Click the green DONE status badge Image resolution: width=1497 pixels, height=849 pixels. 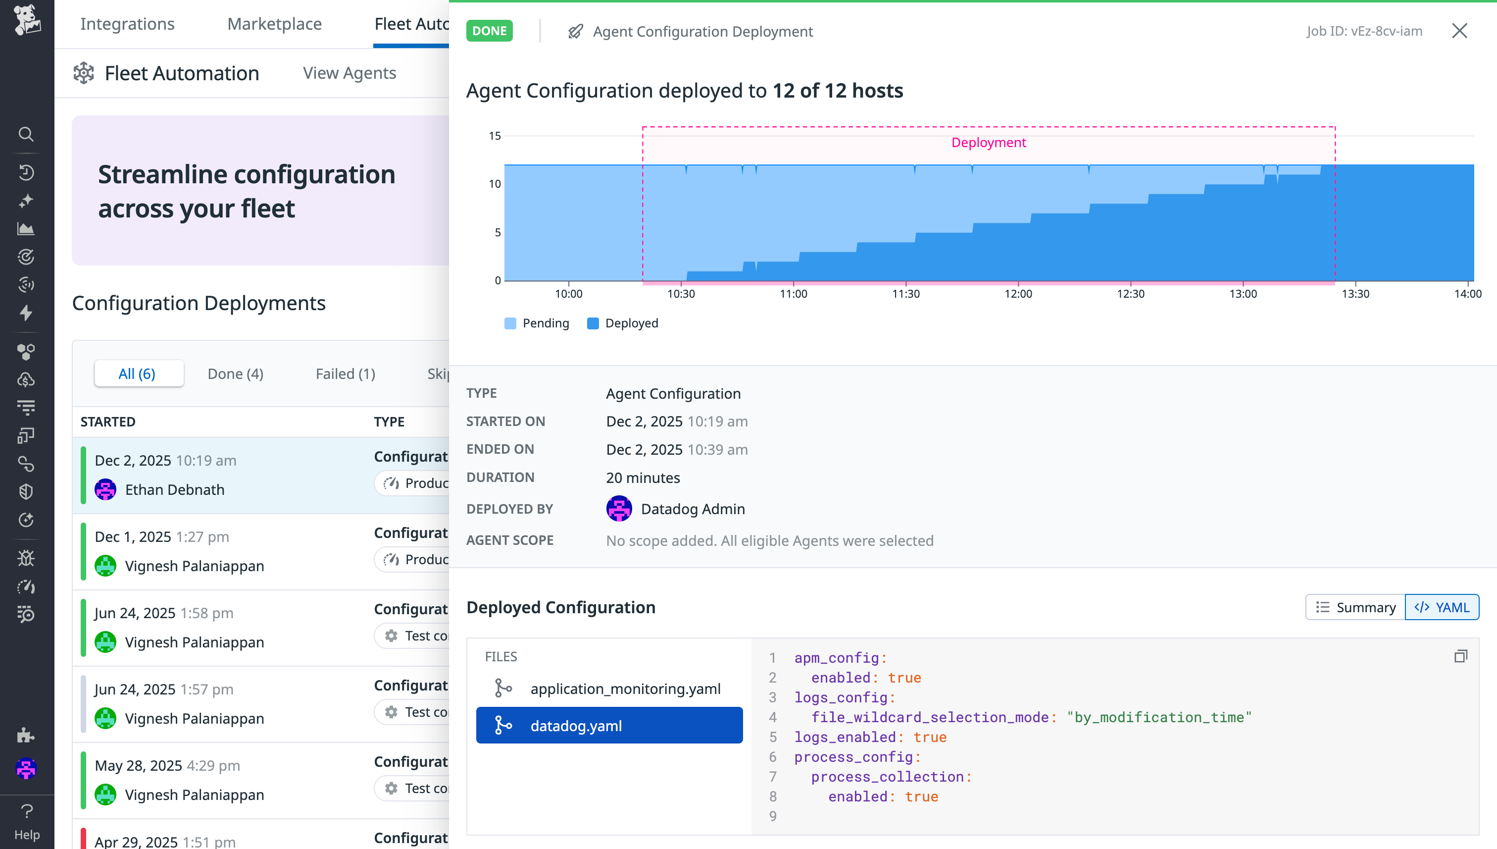pos(489,31)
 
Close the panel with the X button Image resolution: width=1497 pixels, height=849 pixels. pos(1459,31)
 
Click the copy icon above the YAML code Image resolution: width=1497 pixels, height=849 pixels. pos(1460,657)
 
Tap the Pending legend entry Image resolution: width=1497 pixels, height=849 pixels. pos(537,323)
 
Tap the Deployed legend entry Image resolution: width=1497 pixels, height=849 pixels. pos(622,323)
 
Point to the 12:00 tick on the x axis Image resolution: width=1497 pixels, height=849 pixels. pos(1018,294)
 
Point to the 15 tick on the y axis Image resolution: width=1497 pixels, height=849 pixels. pos(495,136)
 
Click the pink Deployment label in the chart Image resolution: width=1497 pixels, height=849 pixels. pos(988,143)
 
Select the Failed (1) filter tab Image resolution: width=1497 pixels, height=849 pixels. pos(345,374)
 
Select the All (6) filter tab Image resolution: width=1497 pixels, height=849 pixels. pos(137,374)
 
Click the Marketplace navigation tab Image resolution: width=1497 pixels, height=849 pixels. pos(274,24)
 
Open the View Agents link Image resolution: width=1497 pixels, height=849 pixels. pos(349,73)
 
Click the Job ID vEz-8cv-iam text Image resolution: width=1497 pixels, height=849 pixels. pos(1363,31)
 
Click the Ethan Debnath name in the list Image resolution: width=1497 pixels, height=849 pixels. pos(174,490)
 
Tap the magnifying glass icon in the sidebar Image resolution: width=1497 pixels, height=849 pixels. pos(26,134)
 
